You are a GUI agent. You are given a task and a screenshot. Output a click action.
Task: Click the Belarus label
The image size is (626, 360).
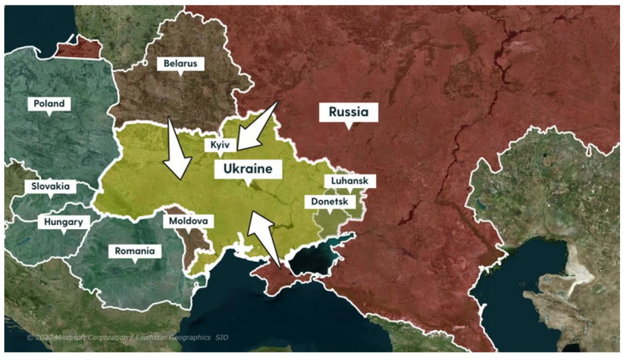click(x=181, y=64)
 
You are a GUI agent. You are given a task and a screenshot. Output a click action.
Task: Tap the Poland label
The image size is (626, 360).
click(x=49, y=103)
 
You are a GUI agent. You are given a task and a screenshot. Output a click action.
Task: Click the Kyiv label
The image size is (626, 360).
click(x=220, y=145)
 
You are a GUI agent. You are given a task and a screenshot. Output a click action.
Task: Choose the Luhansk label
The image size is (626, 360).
click(x=350, y=181)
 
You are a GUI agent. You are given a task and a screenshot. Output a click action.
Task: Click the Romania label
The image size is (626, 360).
click(x=135, y=251)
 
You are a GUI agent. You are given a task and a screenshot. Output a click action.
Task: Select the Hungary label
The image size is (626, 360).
click(x=63, y=222)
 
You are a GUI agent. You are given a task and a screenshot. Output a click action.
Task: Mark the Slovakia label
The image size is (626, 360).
click(x=51, y=186)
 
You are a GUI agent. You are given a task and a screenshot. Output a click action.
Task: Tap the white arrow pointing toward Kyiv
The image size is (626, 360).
click(x=256, y=126)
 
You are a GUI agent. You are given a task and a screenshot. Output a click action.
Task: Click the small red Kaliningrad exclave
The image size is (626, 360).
click(x=78, y=48)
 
